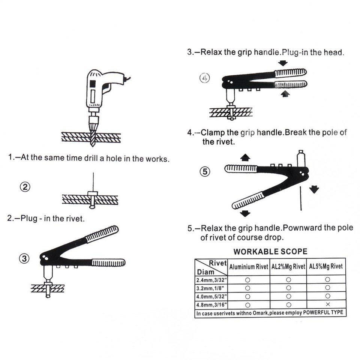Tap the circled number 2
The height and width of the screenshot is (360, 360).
click(x=25, y=187)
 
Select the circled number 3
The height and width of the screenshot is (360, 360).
click(x=24, y=258)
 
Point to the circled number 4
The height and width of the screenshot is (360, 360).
click(x=204, y=78)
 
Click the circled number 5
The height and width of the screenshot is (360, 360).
click(x=204, y=171)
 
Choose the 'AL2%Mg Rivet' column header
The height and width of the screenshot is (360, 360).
click(x=288, y=267)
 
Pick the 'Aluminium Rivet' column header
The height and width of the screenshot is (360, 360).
click(x=249, y=267)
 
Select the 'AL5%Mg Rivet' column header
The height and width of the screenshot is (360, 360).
click(x=326, y=267)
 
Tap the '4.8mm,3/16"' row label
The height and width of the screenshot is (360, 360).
click(x=210, y=304)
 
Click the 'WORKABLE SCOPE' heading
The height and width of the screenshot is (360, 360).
click(x=270, y=252)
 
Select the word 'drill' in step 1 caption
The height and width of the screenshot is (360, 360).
click(x=90, y=158)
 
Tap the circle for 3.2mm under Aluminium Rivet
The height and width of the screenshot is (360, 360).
click(x=247, y=288)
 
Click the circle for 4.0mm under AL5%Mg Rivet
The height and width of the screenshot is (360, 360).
click(x=327, y=295)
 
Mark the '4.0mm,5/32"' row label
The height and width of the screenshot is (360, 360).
click(x=210, y=296)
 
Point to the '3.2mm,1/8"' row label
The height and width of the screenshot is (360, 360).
click(x=209, y=288)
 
